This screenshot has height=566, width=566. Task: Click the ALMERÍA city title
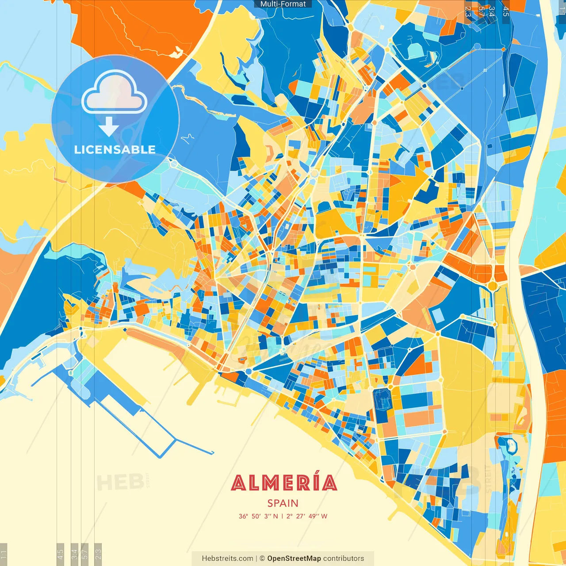point(284,483)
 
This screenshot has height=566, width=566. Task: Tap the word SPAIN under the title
point(283,503)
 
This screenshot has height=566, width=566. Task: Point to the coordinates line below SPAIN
point(283,516)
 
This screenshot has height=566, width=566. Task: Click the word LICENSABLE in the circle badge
point(115,149)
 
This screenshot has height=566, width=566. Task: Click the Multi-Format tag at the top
point(283,4)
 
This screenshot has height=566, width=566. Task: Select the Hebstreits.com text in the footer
point(228,558)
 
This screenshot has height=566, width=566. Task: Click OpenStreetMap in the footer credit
point(294,558)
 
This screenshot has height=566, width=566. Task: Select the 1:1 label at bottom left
point(4,554)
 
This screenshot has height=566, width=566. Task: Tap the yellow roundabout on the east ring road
point(492,286)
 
